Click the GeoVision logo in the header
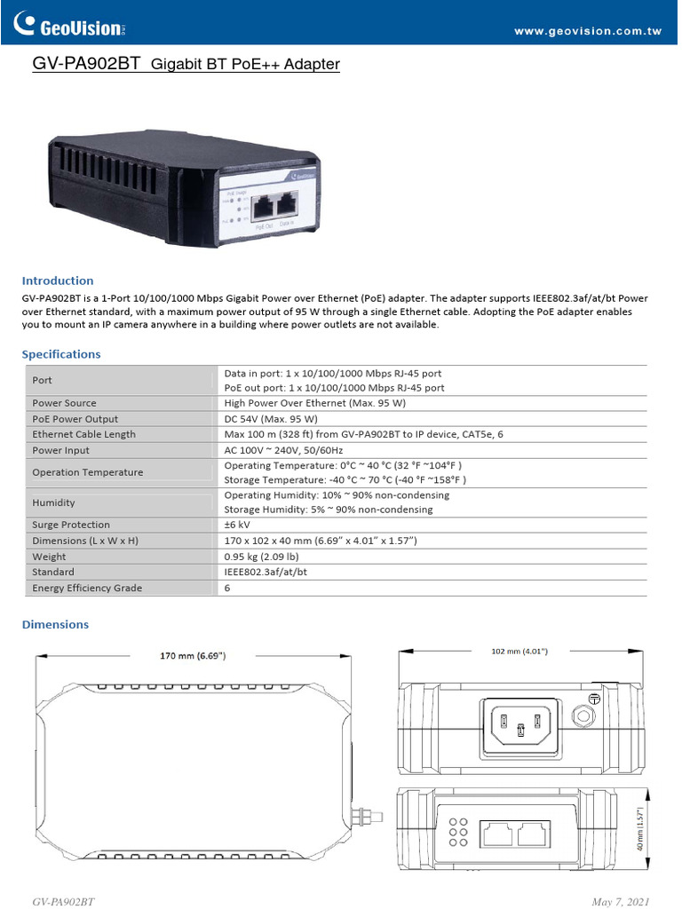click(74, 27)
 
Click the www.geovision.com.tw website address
click(588, 31)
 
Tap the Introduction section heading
click(58, 281)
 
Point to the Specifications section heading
click(61, 354)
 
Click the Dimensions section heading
click(55, 624)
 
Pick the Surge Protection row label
click(71, 525)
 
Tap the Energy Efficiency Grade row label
click(87, 588)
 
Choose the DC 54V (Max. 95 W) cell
click(271, 419)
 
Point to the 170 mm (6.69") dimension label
click(193, 656)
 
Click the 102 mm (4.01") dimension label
click(519, 651)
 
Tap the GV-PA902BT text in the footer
click(63, 902)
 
